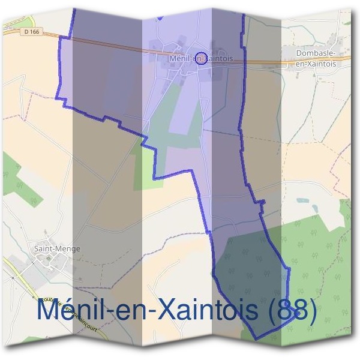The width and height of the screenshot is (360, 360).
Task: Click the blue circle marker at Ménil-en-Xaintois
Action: click(x=202, y=58)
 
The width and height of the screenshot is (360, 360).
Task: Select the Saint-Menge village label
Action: click(x=58, y=248)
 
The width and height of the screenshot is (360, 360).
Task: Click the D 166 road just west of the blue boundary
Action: click(x=42, y=35)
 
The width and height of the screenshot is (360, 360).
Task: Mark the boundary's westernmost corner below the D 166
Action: click(x=58, y=98)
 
